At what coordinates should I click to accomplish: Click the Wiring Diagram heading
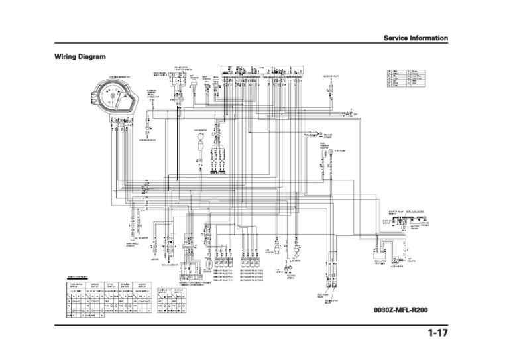click(x=80, y=57)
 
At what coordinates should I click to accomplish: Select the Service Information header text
click(x=416, y=38)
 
